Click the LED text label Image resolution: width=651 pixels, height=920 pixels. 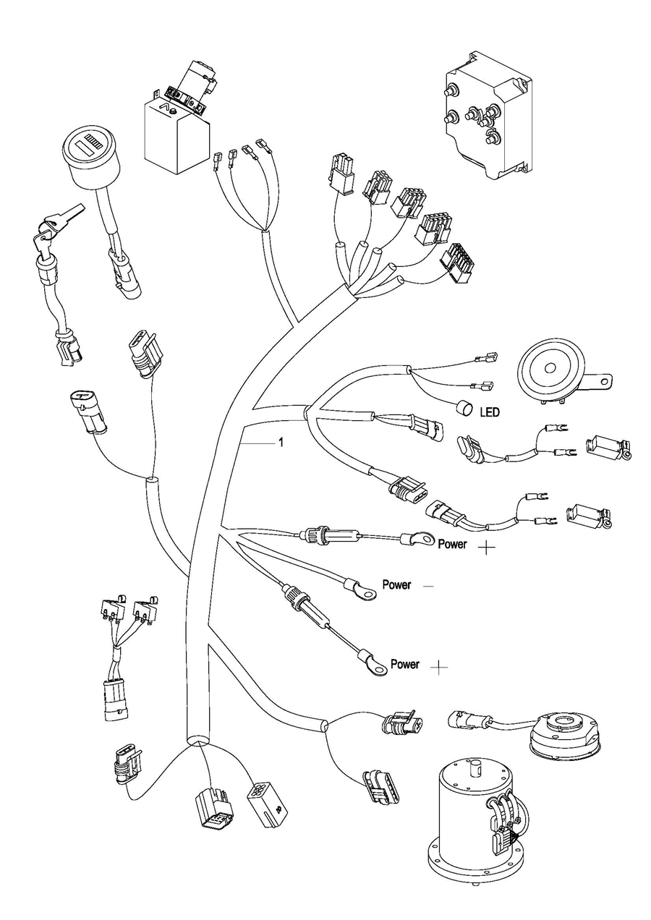[490, 412]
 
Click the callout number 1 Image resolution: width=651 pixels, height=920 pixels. [281, 443]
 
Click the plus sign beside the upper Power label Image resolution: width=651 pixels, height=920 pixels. [487, 547]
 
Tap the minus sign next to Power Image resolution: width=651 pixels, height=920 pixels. [428, 586]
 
